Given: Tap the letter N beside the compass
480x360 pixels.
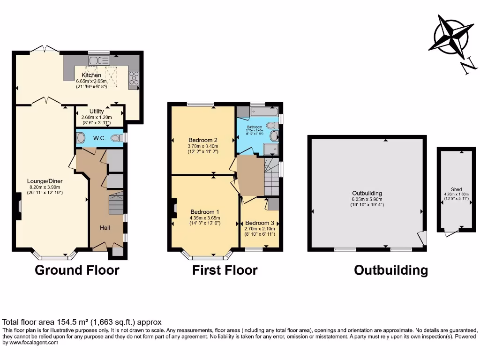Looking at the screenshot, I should [x=468, y=67].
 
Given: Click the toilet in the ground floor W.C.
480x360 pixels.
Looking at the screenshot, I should [x=81, y=138].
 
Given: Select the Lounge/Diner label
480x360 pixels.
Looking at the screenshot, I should [x=45, y=181].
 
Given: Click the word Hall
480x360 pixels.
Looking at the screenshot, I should [x=105, y=227].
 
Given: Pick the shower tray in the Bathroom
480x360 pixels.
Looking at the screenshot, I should [x=271, y=149].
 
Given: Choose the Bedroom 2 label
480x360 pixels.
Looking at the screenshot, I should [x=203, y=140].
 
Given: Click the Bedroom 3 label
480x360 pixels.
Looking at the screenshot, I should [x=259, y=223].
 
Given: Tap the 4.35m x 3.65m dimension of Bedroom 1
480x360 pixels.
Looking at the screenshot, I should [x=205, y=217].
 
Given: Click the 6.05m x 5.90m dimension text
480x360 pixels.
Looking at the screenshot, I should [x=367, y=199].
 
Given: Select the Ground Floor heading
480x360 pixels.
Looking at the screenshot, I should [x=77, y=270].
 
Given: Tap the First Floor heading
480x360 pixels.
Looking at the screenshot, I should [x=225, y=270].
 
